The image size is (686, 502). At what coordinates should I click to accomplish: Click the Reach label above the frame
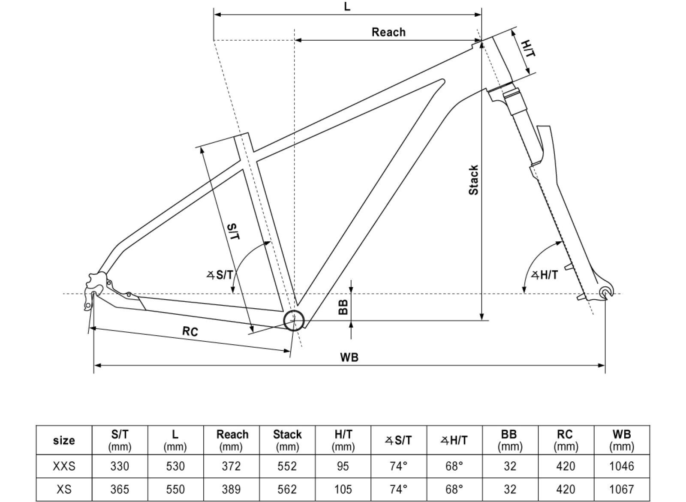388,32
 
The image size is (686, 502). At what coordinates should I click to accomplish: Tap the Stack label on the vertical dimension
473,180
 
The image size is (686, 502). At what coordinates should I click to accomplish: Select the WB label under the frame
349,357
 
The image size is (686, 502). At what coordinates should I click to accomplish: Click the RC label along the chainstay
190,331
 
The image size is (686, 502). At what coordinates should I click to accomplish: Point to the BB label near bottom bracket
343,307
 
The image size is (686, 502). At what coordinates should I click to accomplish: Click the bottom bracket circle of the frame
294,320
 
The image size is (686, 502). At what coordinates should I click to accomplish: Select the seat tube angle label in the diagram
220,275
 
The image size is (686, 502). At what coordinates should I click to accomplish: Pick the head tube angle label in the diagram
545,275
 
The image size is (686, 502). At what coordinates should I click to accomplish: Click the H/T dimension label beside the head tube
528,48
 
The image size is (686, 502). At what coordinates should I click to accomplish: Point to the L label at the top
347,7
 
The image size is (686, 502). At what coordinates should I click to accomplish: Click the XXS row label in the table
64,466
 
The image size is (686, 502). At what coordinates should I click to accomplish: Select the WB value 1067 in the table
621,489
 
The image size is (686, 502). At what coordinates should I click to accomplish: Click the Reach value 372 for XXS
232,466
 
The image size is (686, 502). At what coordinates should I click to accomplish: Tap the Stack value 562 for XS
287,489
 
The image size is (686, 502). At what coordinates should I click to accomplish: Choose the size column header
64,440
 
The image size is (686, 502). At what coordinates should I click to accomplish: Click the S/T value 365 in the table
120,489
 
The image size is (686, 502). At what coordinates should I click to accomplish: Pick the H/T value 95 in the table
343,466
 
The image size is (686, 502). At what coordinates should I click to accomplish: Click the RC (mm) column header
566,440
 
